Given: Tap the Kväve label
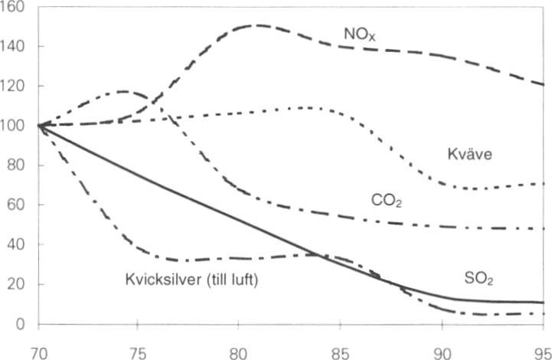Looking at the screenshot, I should (x=469, y=154).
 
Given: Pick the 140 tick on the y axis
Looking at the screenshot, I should (x=15, y=47).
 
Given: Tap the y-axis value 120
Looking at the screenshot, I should (x=15, y=87).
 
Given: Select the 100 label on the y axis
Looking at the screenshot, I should (x=15, y=126).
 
